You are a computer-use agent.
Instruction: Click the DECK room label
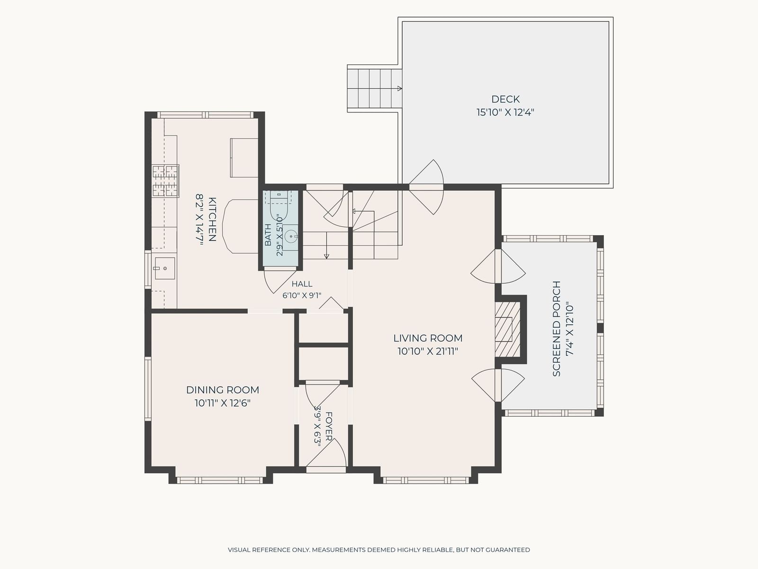point(505,100)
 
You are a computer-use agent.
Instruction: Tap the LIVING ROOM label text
point(427,338)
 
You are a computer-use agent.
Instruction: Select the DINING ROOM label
point(222,390)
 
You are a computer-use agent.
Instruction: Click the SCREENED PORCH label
point(556,329)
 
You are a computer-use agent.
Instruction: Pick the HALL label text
point(302,284)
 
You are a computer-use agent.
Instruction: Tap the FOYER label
point(329,426)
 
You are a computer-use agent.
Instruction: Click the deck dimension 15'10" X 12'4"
point(505,113)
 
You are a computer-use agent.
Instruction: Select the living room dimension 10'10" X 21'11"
point(427,351)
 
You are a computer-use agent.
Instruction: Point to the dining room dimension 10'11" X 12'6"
point(222,403)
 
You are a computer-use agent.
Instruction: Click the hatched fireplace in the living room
point(507,330)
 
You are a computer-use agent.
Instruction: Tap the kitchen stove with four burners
point(166,181)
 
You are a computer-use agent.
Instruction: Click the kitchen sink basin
point(165,268)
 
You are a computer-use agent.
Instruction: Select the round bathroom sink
point(291,237)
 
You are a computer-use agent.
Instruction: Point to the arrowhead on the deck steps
point(399,89)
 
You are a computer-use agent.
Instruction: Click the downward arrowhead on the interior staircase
point(326,257)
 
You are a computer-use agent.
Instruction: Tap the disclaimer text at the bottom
point(379,550)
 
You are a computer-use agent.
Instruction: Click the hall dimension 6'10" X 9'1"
point(302,296)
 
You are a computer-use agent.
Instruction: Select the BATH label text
point(268,235)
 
